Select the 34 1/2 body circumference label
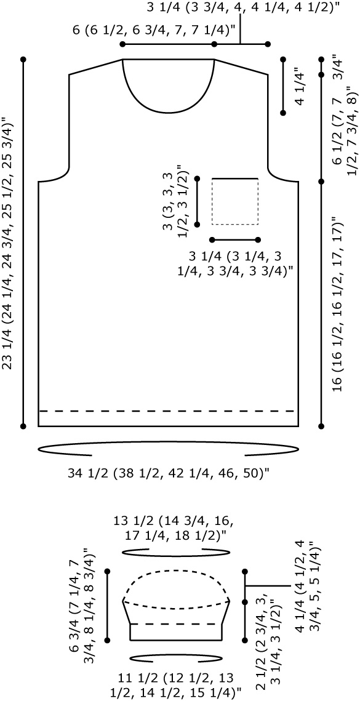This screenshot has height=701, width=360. (169, 473)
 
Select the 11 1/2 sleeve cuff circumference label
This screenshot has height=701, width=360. (176, 682)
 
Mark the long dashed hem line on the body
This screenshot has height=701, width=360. (168, 411)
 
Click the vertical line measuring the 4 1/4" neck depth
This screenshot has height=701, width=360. (282, 86)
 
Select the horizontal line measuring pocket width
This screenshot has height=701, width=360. (235, 239)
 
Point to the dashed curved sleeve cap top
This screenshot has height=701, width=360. (177, 571)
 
